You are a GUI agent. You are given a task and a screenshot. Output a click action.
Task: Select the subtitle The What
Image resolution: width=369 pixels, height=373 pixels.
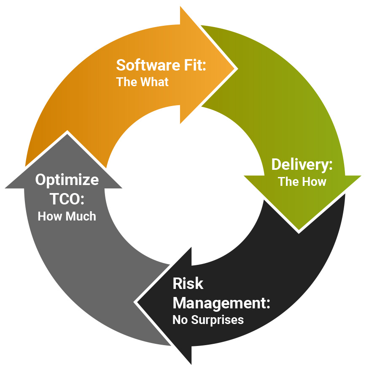click(x=142, y=82)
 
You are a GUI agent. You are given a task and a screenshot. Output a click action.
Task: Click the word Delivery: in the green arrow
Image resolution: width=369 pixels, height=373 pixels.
click(x=302, y=165)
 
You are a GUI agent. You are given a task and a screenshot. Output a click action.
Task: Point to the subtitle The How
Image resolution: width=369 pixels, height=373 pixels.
click(x=302, y=182)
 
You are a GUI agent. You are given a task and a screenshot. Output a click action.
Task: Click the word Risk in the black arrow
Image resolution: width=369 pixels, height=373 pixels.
click(x=188, y=284)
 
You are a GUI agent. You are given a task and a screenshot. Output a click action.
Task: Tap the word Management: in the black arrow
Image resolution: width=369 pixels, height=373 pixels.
click(x=221, y=303)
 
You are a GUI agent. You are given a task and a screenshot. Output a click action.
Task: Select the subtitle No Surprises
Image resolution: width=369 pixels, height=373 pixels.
click(x=208, y=320)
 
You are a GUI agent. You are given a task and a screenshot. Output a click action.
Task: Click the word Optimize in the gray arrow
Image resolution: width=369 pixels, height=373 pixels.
click(x=67, y=180)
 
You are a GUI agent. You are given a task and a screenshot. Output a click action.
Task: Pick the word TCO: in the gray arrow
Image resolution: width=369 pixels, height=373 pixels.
click(x=67, y=199)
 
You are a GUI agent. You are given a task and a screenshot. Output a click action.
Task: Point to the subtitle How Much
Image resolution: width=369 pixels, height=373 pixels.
click(x=67, y=216)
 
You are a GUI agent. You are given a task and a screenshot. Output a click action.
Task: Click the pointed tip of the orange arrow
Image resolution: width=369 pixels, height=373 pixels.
click(x=235, y=68)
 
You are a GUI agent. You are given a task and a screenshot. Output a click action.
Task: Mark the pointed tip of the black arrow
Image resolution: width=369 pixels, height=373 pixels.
click(x=136, y=302)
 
